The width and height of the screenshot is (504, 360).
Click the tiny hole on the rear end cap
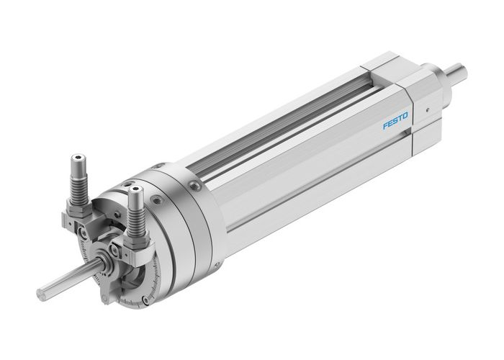426,110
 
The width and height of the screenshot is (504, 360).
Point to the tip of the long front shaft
42,294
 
